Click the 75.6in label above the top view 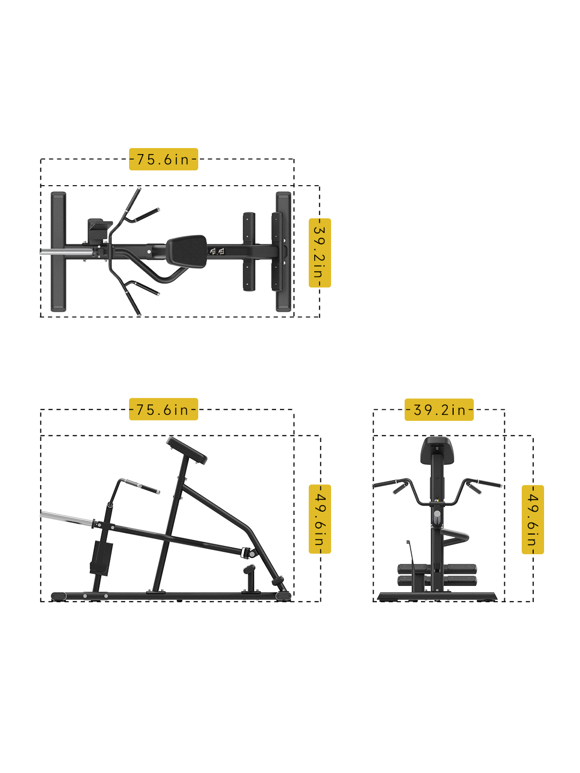coord(163,159)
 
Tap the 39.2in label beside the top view coord(319,253)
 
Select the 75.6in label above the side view coord(163,409)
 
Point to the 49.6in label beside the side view coord(319,519)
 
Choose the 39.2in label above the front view coord(439,409)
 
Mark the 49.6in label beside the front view coord(533,519)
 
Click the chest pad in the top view coord(187,251)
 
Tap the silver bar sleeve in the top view coord(67,252)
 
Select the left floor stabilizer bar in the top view coord(58,251)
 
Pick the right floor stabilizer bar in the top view coord(284,251)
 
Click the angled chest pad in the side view coord(187,450)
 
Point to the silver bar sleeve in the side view coord(67,517)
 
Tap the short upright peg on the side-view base coord(249,580)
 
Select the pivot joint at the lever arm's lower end coord(251,553)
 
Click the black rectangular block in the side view coord(101,558)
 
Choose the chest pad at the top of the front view coord(437,450)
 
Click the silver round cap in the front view coord(437,517)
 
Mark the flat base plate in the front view coord(437,597)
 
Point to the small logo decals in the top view coord(217,251)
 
